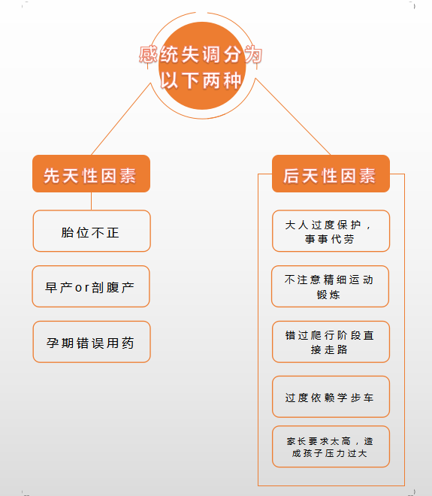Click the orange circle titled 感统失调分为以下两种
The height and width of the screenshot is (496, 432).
[202, 66]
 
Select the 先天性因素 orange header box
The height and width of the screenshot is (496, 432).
[91, 174]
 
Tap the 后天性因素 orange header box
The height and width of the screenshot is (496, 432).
[331, 174]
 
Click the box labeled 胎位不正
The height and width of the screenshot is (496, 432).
[92, 231]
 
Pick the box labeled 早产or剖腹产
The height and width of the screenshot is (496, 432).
[91, 286]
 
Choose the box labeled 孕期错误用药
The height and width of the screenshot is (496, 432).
[92, 342]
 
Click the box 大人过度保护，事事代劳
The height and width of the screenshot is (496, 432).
[331, 231]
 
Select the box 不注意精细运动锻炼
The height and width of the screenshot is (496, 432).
[330, 286]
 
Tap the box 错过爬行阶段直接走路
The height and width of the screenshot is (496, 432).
[331, 342]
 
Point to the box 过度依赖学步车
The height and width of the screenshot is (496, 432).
[331, 397]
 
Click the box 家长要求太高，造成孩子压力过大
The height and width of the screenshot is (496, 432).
[331, 446]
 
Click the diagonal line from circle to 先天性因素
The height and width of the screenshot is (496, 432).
[121, 119]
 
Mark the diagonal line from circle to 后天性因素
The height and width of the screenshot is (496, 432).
[293, 116]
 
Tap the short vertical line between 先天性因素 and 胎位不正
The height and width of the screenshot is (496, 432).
[91, 201]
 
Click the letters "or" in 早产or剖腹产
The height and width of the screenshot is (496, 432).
[82, 288]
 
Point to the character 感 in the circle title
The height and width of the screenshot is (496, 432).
[148, 54]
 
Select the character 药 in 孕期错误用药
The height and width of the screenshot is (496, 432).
[128, 343]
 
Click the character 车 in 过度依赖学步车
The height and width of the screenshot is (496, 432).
[368, 398]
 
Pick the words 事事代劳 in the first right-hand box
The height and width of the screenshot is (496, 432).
[329, 239]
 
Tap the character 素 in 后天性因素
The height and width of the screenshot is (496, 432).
[367, 176]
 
